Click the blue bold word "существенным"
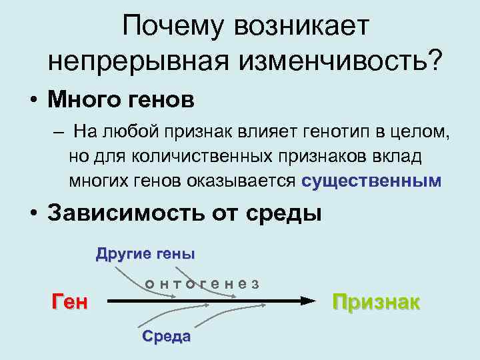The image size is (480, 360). [371, 181]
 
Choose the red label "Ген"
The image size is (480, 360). [69, 301]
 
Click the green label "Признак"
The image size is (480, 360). [377, 301]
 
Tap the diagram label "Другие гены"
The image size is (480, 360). [145, 253]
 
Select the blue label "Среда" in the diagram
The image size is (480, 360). [166, 336]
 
